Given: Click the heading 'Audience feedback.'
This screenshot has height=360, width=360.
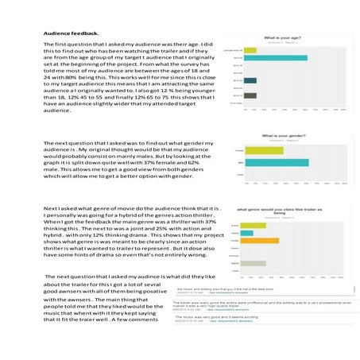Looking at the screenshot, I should click(x=71, y=33).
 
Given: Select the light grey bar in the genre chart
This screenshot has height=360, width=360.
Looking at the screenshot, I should click(x=255, y=263).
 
